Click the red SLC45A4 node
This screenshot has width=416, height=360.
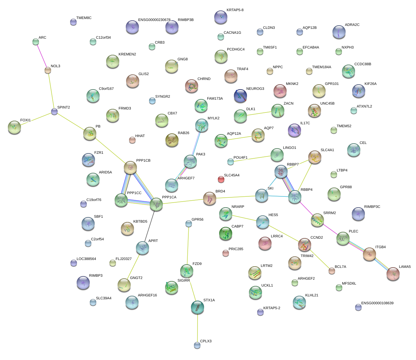pyautogui.click(x=221, y=179)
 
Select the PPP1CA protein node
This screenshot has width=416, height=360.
pyautogui.click(x=156, y=204)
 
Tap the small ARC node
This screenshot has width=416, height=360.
pyautogui.click(x=36, y=42)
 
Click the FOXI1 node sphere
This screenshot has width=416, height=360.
pyautogui.click(x=14, y=127)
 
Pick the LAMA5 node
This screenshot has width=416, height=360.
pyautogui.click(x=393, y=274)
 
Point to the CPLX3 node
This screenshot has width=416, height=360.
pyautogui.click(x=197, y=345)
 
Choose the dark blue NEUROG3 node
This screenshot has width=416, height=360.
pyautogui.click(x=240, y=95)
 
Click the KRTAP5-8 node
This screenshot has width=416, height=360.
pyautogui.click(x=220, y=17)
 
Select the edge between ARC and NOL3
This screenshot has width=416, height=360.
pyautogui.click(x=42, y=56)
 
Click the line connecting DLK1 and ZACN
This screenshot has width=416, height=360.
pyautogui.click(x=259, y=113)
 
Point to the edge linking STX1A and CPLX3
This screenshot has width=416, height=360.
pyautogui.click(x=197, y=326)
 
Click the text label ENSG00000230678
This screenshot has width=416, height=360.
pyautogui.click(x=154, y=20)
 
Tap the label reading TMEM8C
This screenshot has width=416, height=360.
pyautogui.click(x=84, y=18)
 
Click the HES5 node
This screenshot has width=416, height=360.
pyautogui.click(x=263, y=222)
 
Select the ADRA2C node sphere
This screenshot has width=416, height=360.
pyautogui.click(x=339, y=32)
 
